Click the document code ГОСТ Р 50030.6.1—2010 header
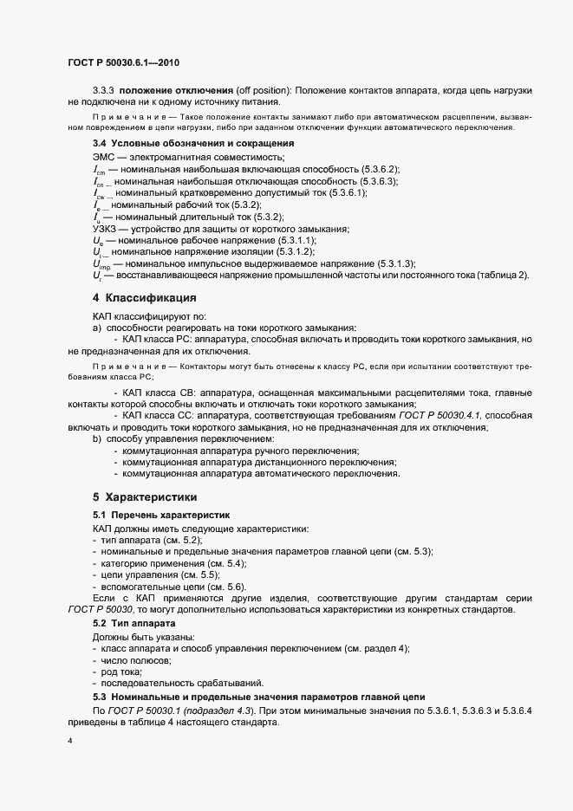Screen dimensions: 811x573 pyautogui.click(x=123, y=62)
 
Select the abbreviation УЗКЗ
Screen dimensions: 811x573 pyautogui.click(x=107, y=228)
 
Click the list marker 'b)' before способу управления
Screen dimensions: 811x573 pyautogui.click(x=97, y=440)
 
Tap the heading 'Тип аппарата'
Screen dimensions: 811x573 pyautogui.click(x=146, y=624)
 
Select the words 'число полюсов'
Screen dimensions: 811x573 pyautogui.click(x=136, y=660)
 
